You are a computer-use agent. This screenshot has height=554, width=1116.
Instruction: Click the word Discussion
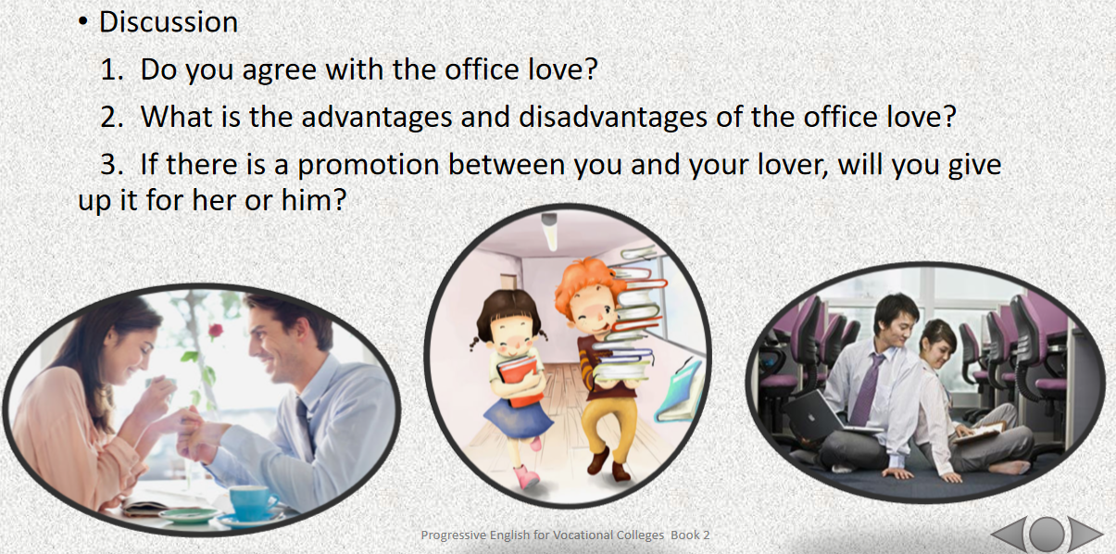169,22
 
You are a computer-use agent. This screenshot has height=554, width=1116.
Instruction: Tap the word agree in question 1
279,70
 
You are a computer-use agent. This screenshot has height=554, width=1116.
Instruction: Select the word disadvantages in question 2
613,117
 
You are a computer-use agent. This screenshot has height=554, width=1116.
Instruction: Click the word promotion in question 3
369,165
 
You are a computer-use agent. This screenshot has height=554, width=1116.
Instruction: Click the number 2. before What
112,117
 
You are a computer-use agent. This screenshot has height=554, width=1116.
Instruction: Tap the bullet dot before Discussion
82,22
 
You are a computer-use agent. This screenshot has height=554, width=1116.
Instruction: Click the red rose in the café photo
215,331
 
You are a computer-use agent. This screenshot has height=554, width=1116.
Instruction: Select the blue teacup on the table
252,503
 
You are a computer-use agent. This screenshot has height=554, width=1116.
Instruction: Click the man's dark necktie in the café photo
305,423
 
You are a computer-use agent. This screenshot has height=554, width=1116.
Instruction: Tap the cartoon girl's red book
518,380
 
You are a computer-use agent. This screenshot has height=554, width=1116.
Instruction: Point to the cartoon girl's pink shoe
526,477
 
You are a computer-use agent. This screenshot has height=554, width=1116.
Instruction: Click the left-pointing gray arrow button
1009,534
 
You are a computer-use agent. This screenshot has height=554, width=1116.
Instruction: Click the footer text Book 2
690,535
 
